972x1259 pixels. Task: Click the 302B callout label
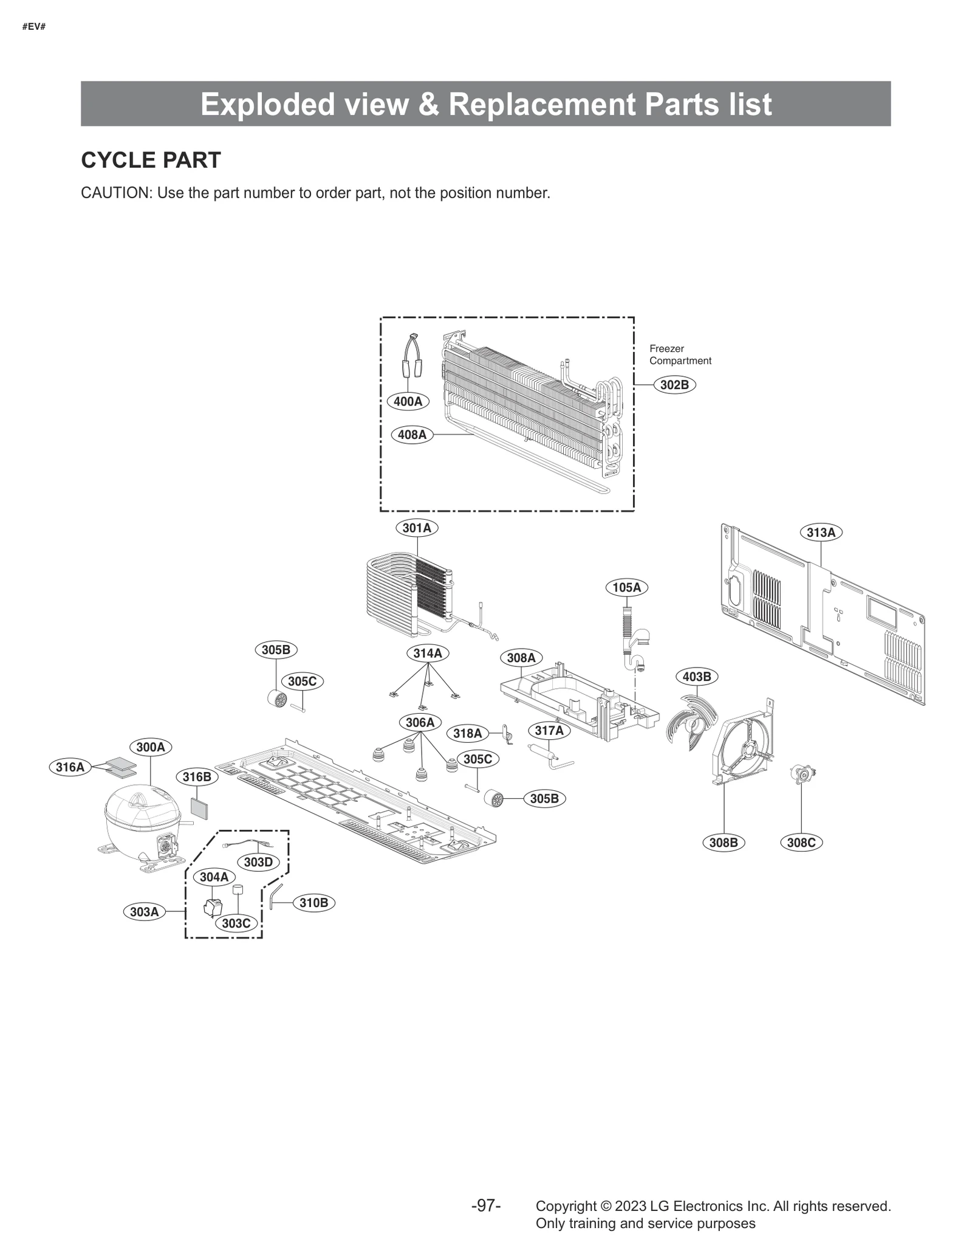click(x=674, y=385)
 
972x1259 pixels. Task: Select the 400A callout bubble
click(x=408, y=401)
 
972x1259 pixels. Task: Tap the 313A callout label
click(x=821, y=533)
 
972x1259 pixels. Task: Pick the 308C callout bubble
click(x=801, y=843)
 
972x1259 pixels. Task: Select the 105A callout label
click(x=626, y=587)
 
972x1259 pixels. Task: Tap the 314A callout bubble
click(x=427, y=654)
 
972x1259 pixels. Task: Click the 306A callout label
click(x=420, y=723)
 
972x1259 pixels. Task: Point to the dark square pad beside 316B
click(x=199, y=809)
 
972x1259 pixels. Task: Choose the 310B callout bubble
click(x=313, y=903)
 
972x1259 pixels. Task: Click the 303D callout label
click(x=258, y=862)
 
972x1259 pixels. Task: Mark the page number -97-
click(x=486, y=1206)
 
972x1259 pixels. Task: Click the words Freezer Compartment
click(x=679, y=354)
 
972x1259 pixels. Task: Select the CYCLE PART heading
click(x=151, y=160)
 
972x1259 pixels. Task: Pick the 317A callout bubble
click(x=549, y=731)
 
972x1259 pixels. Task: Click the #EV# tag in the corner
click(x=34, y=27)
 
